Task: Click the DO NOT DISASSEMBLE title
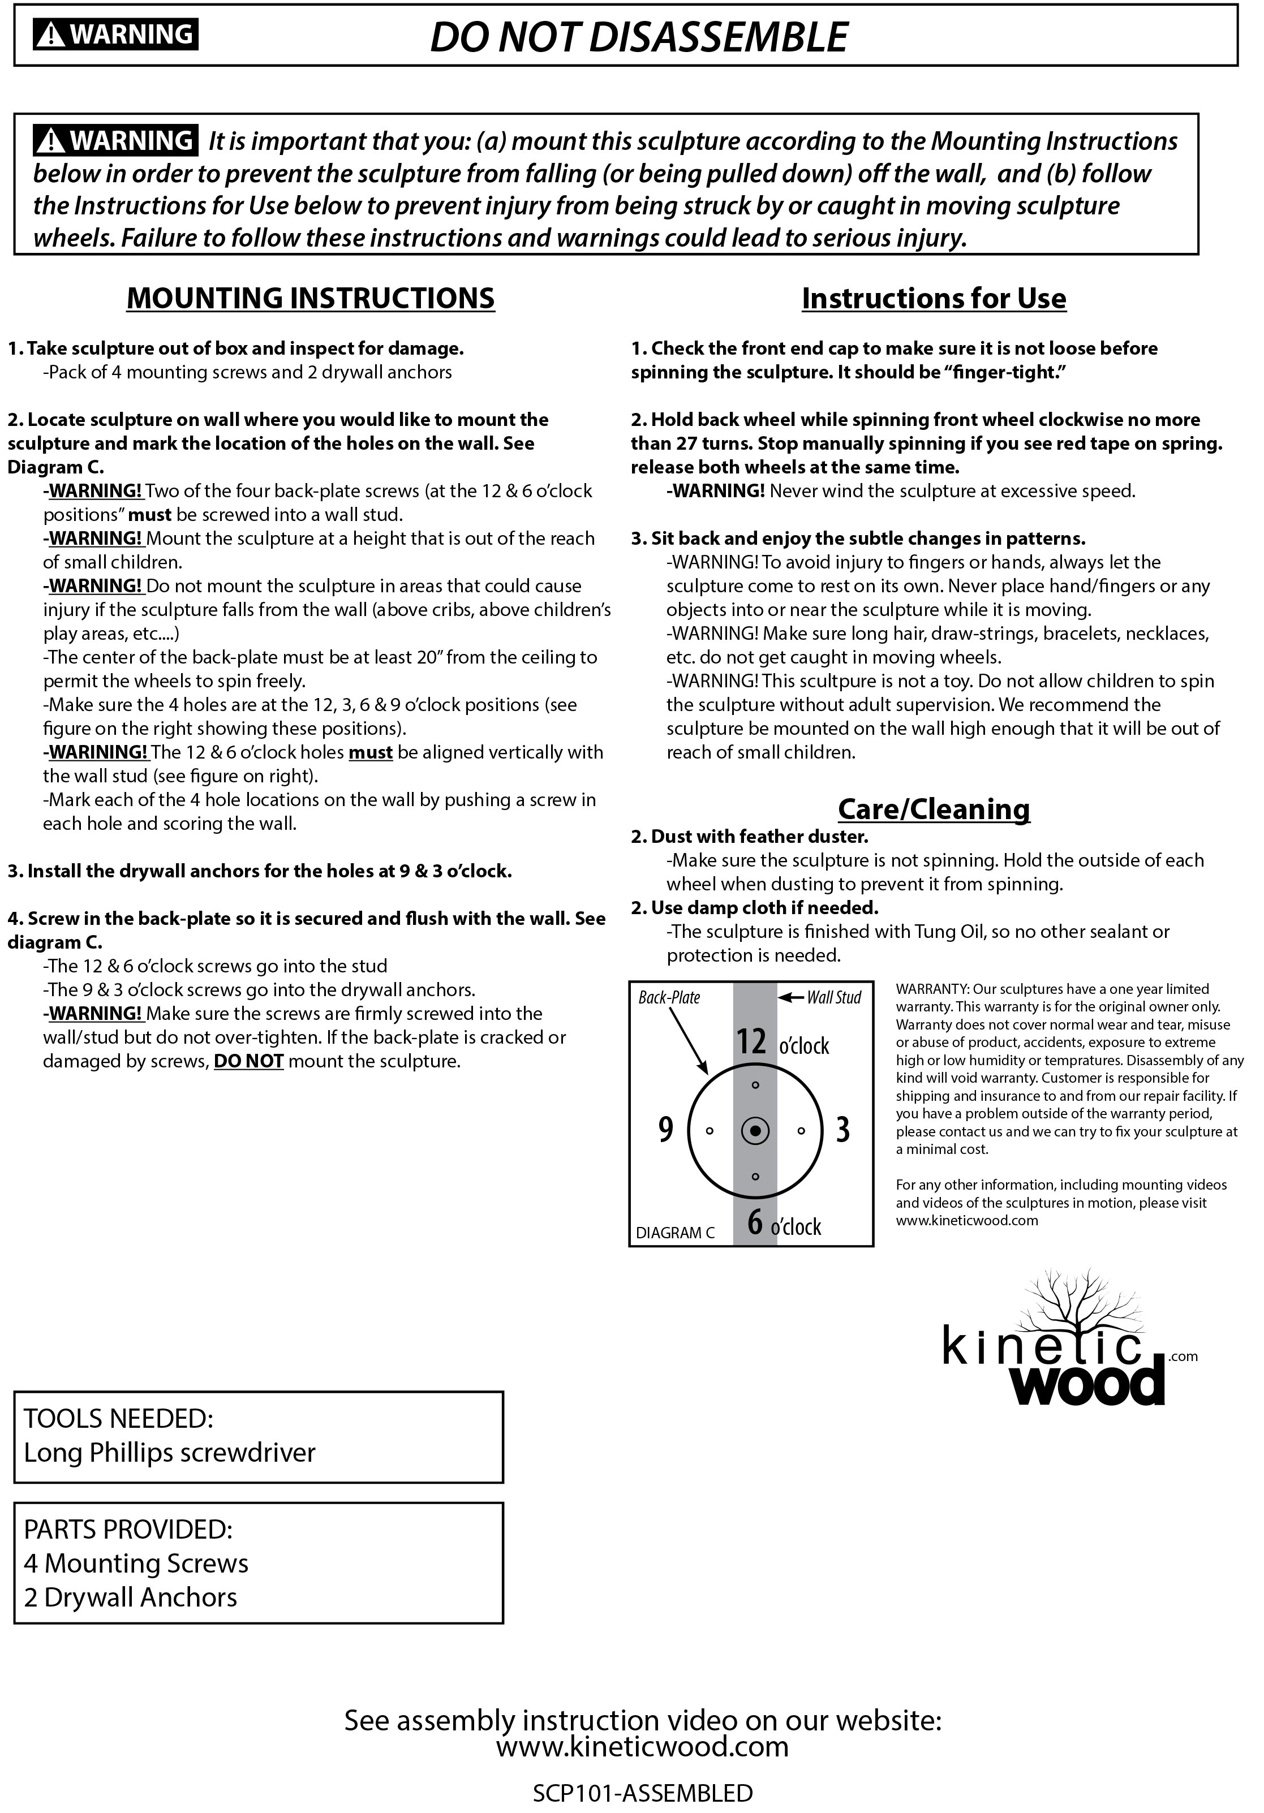click(638, 37)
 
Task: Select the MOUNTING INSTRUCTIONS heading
click(311, 299)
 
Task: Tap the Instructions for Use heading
click(934, 299)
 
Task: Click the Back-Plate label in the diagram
click(669, 998)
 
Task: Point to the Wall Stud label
click(833, 997)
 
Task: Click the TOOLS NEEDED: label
click(118, 1418)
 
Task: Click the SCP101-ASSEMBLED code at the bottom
click(642, 1793)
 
